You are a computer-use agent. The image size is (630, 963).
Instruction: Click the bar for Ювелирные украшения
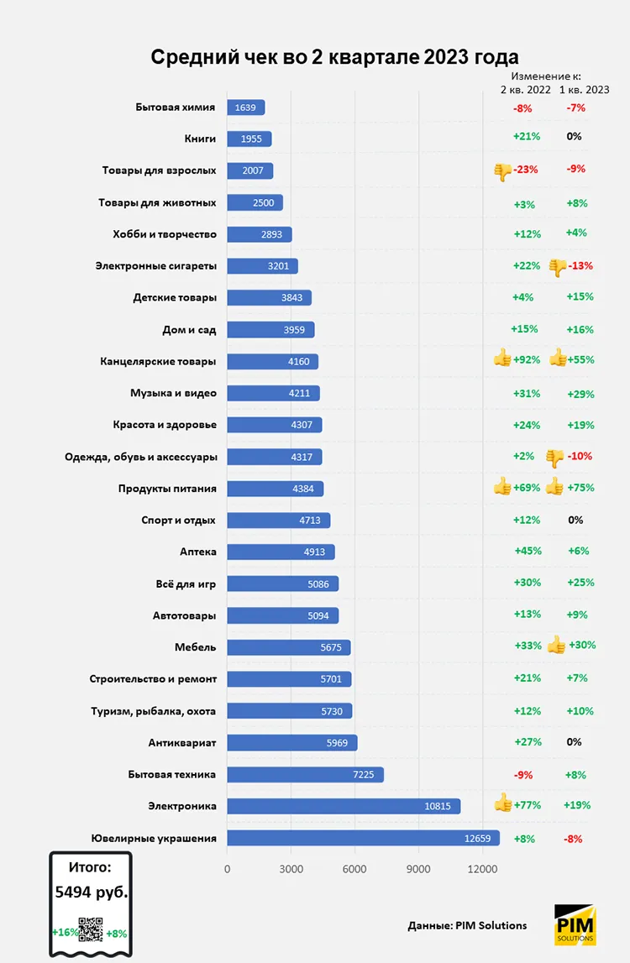[x=363, y=838]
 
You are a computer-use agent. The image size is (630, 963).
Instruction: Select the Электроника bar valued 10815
[x=344, y=806]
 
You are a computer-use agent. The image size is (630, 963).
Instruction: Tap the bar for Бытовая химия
[x=246, y=107]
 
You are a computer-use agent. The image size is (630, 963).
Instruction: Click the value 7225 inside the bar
[x=363, y=774]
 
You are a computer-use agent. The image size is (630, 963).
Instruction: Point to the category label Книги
[x=200, y=139]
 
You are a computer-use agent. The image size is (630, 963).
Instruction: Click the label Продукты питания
[x=167, y=489]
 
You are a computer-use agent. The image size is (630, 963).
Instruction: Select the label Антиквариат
[x=182, y=742]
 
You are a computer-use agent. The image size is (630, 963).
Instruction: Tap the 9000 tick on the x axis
[x=418, y=869]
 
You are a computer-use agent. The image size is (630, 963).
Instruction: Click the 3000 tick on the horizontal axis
[x=291, y=869]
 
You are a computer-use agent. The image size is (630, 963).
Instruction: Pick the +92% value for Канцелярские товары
[x=527, y=360]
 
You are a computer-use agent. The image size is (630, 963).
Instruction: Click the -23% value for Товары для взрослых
[x=526, y=170]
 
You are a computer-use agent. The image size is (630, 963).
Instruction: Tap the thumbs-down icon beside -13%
[x=558, y=267]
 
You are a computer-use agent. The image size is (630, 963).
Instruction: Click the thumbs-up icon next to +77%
[x=503, y=803]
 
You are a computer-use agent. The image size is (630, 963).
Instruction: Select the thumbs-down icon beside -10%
[x=554, y=458]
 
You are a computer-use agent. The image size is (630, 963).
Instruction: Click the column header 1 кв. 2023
[x=584, y=90]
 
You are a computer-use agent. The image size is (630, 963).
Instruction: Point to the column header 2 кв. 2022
[x=526, y=90]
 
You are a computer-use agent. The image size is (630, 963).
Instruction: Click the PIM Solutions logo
[x=575, y=924]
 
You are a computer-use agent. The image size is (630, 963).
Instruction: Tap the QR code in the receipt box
[x=91, y=929]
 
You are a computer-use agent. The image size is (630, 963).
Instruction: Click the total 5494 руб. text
[x=92, y=892]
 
